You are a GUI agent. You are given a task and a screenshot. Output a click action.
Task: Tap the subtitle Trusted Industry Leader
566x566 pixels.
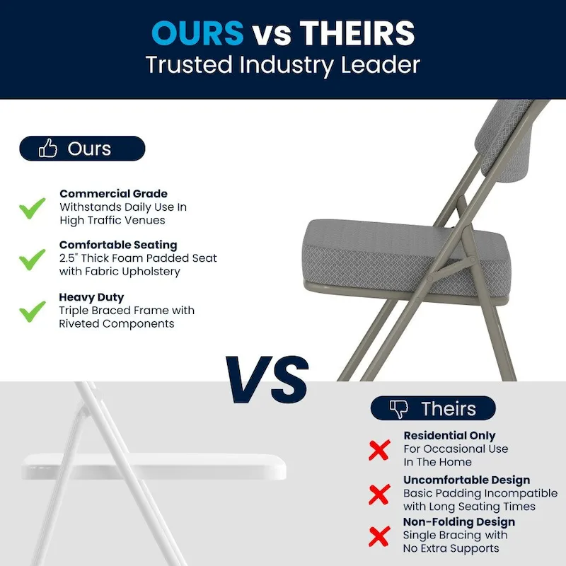(283, 65)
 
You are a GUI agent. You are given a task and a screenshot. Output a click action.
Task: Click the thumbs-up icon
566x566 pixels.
(48, 149)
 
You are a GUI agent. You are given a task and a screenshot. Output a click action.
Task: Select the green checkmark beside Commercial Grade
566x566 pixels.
(32, 208)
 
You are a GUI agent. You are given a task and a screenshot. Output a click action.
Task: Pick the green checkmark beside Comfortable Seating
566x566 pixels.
(32, 259)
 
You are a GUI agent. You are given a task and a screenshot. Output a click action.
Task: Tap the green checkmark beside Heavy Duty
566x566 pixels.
(32, 311)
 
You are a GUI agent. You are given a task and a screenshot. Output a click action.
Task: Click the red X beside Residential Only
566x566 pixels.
(379, 449)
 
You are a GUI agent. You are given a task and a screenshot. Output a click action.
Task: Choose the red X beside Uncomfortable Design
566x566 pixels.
(379, 492)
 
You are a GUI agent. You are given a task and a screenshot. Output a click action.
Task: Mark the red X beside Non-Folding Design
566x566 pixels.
(379, 535)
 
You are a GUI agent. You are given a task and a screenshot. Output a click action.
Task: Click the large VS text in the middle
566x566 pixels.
(268, 379)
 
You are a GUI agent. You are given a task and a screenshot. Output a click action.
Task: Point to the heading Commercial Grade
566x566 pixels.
(113, 194)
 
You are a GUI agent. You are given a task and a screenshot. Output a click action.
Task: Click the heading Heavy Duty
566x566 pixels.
(91, 297)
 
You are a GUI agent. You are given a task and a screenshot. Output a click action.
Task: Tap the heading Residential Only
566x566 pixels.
(449, 436)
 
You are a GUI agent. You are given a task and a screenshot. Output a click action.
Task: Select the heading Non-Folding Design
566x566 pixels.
(459, 522)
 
